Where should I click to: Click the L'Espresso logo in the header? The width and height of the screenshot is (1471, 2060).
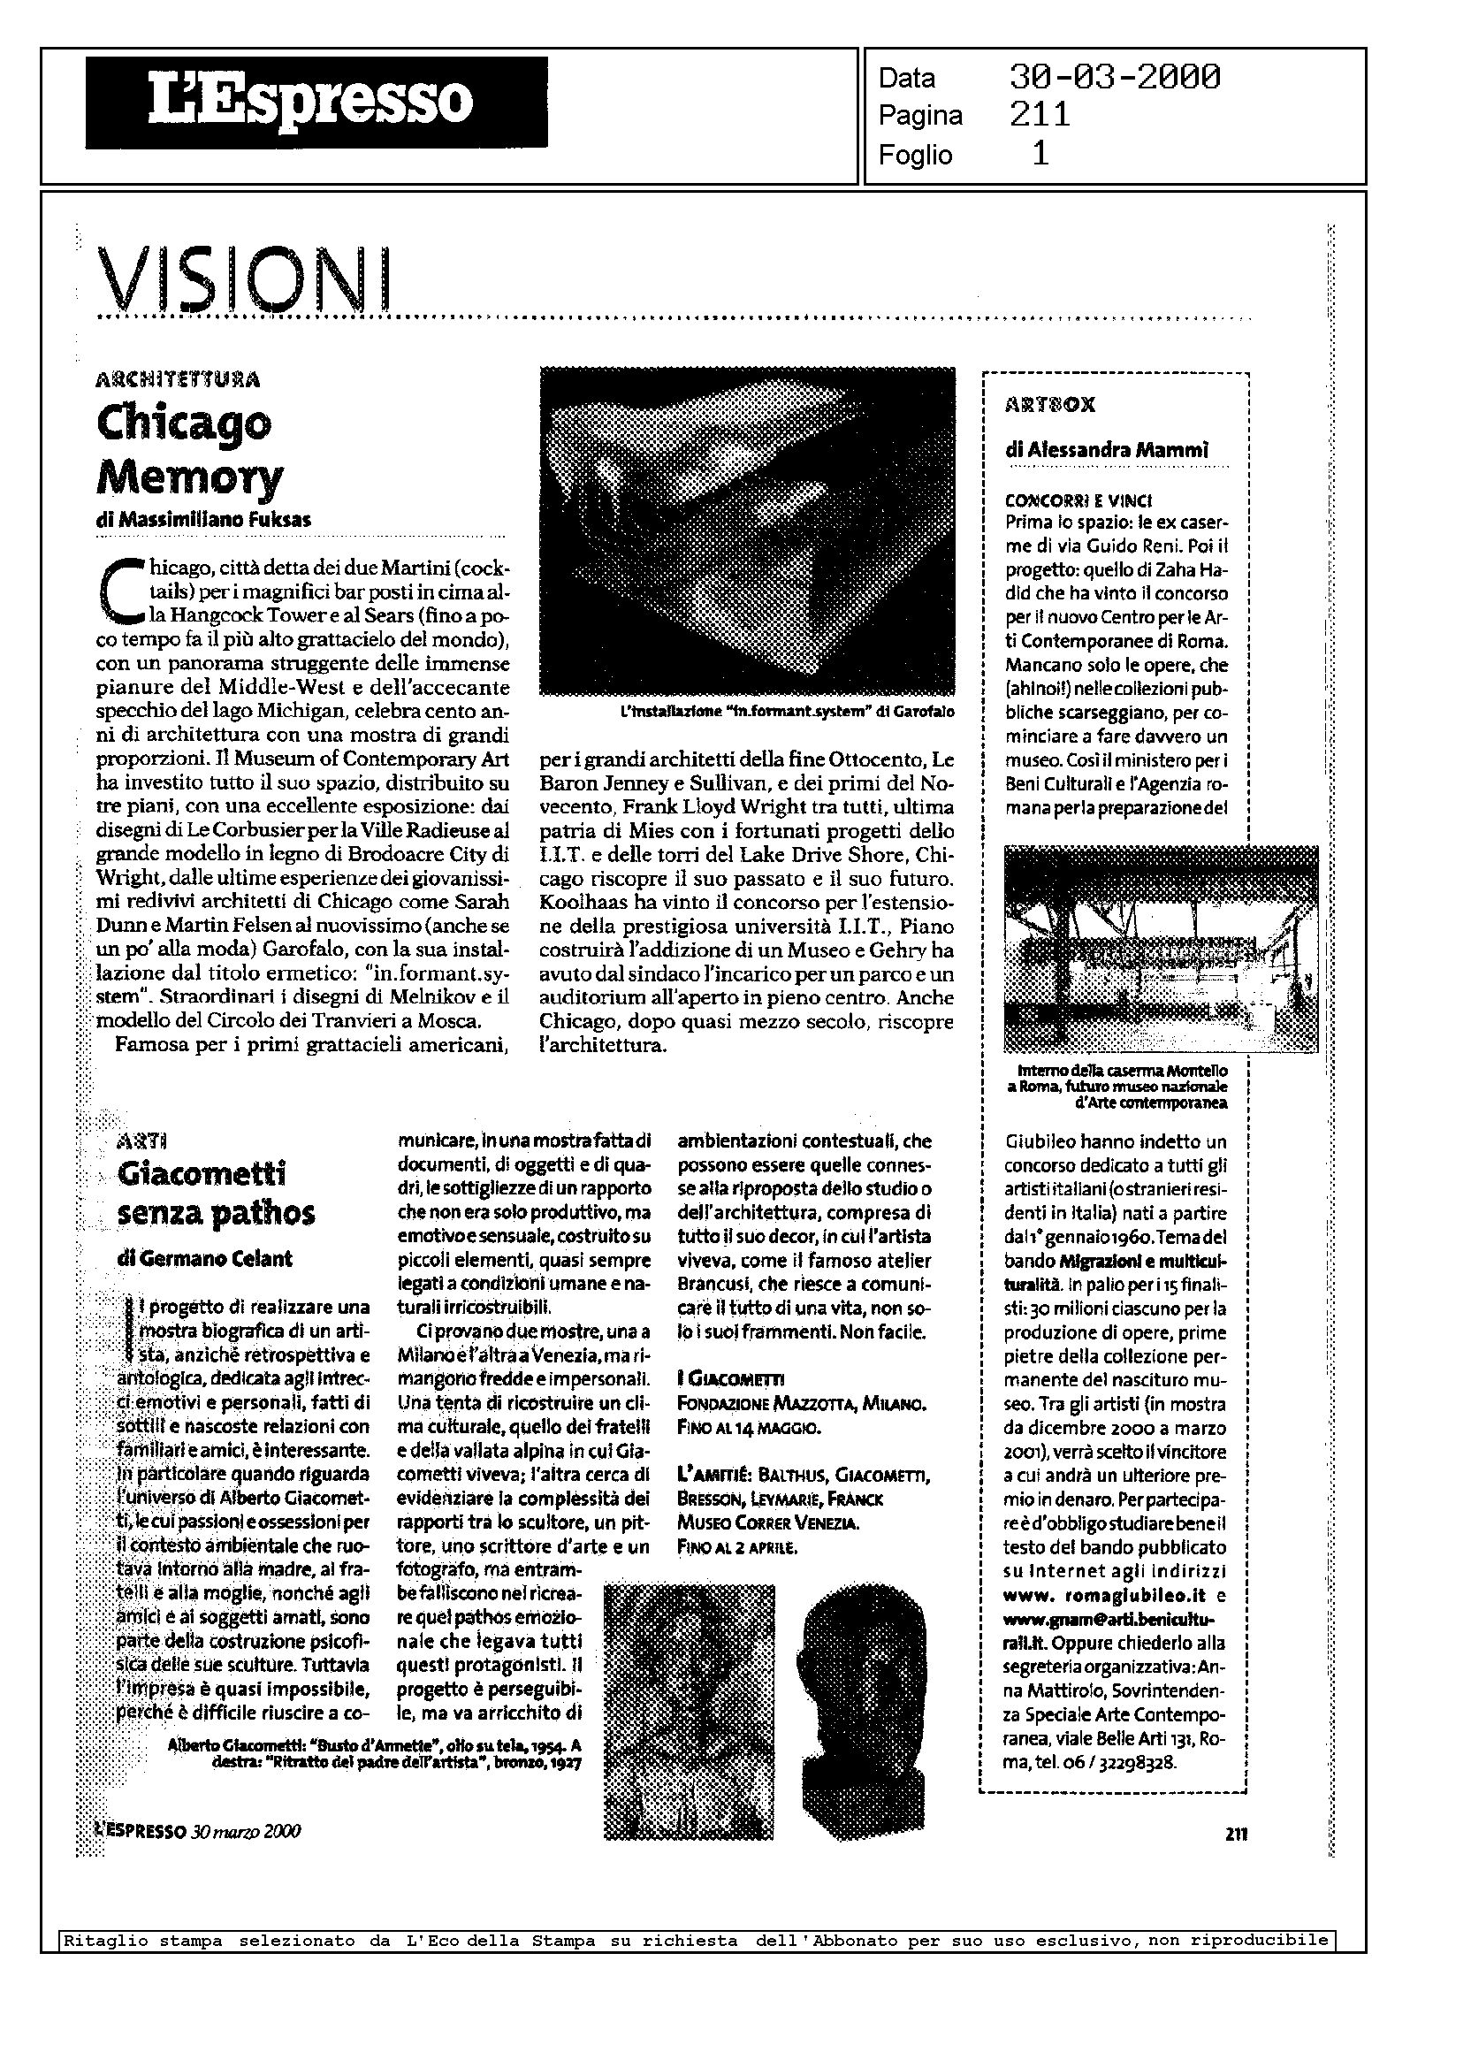click(316, 102)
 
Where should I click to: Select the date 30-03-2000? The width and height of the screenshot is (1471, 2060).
click(1114, 77)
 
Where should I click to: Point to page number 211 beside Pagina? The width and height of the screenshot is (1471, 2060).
click(1040, 115)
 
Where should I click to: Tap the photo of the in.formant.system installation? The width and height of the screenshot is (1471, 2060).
click(747, 530)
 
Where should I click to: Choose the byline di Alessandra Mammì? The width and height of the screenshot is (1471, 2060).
click(1106, 449)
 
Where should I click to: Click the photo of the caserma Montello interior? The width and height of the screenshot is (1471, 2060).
click(1162, 950)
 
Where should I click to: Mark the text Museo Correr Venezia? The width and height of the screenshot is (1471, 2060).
click(768, 1522)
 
